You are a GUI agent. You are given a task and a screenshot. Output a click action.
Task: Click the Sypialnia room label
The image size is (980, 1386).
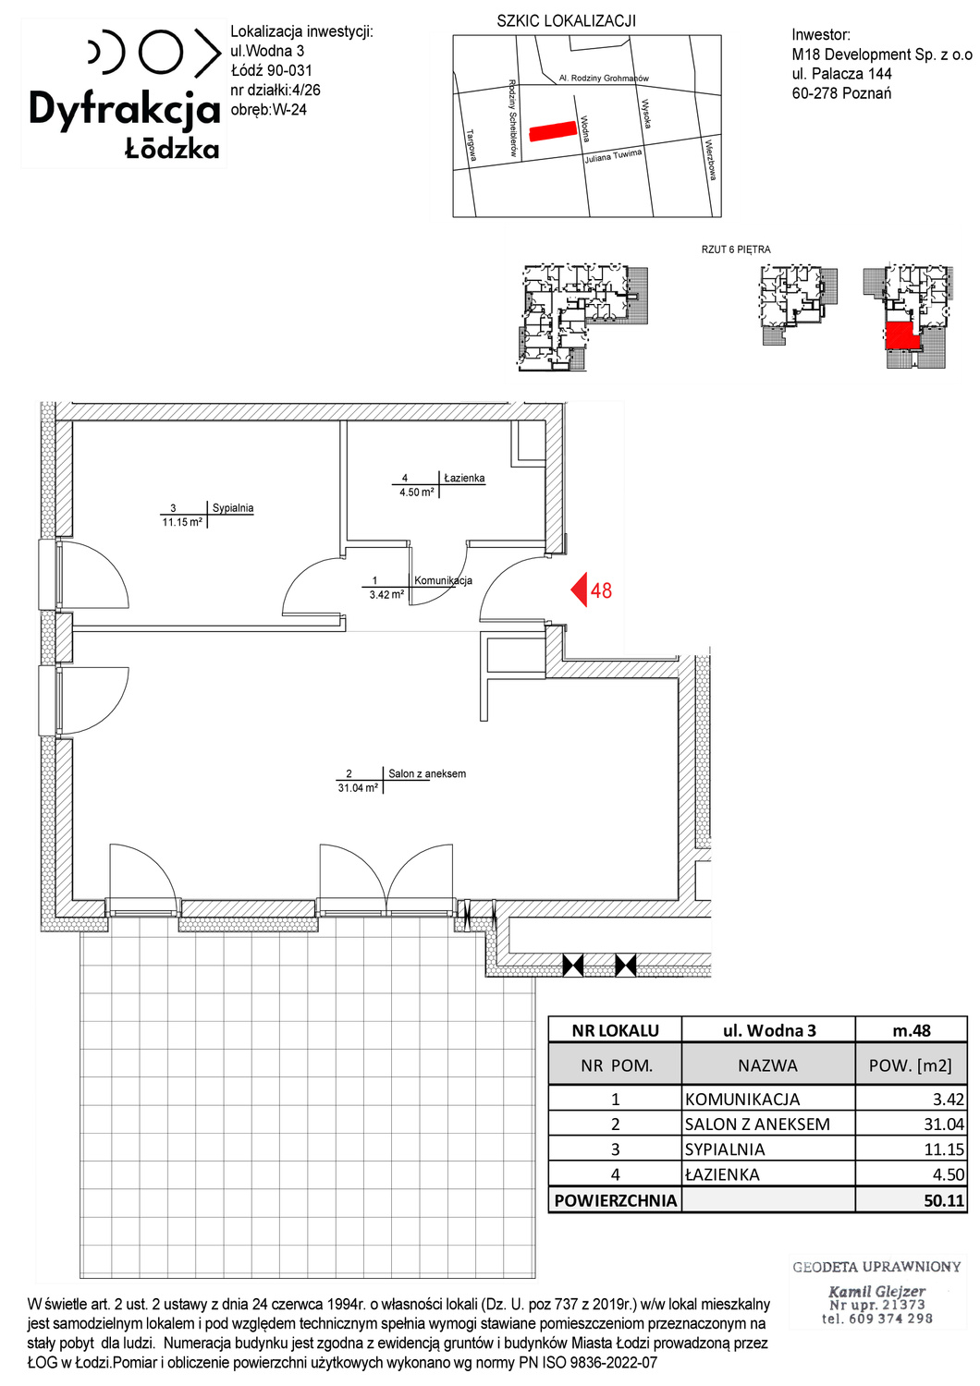[233, 508]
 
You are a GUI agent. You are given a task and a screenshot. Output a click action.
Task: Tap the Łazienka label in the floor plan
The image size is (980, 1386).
[464, 479]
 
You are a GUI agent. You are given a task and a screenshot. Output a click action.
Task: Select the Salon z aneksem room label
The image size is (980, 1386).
[427, 773]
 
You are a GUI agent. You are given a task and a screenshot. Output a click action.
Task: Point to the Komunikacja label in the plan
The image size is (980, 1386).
[443, 580]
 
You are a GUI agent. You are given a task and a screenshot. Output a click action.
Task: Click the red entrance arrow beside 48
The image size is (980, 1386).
[579, 590]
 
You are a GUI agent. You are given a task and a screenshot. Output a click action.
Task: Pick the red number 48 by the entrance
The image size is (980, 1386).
[601, 591]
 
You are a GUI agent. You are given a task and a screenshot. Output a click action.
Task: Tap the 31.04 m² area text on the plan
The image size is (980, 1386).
[358, 788]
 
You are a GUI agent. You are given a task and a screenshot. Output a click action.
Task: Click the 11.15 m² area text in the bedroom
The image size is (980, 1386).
[182, 522]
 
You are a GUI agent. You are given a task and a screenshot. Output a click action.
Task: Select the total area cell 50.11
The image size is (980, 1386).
[944, 1201]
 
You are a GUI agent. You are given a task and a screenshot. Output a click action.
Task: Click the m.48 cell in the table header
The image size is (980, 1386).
[912, 1031]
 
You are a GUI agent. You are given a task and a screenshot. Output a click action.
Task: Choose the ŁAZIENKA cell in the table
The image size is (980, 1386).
[722, 1174]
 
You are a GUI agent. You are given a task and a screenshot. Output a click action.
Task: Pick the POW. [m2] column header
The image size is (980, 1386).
[910, 1065]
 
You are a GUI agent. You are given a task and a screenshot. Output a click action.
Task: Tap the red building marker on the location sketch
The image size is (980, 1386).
[553, 131]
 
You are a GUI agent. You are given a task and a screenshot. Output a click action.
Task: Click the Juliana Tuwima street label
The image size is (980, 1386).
[613, 156]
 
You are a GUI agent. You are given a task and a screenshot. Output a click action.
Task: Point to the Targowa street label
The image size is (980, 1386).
[472, 145]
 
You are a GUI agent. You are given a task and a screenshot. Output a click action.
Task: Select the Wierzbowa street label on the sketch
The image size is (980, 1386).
[710, 161]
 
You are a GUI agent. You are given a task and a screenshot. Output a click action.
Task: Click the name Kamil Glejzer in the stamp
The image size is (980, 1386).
[876, 1292]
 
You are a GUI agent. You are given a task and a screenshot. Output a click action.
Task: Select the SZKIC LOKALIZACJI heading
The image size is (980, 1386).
[567, 21]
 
